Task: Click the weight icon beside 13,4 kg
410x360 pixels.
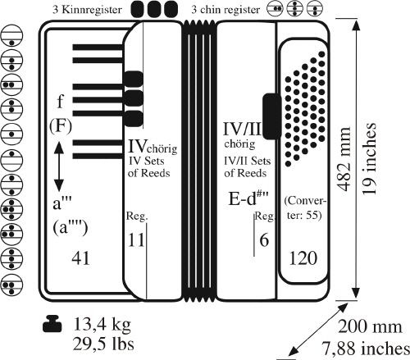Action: click(52, 324)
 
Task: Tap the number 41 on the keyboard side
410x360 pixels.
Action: click(80, 258)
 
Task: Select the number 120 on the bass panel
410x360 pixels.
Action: click(303, 258)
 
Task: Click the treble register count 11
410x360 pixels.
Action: click(136, 240)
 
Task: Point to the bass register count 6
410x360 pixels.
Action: click(264, 240)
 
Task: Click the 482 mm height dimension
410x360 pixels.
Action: click(344, 159)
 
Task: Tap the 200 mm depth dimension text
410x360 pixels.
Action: click(370, 326)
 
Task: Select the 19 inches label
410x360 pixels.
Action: click(369, 158)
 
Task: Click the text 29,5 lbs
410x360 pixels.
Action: click(103, 344)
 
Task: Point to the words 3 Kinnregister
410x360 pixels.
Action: click(87, 10)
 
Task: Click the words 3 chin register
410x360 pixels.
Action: click(225, 10)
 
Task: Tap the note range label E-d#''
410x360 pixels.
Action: click(248, 198)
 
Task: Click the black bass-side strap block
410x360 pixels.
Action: click(272, 116)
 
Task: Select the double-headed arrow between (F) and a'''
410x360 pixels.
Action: click(59, 166)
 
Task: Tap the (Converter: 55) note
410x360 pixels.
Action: click(305, 208)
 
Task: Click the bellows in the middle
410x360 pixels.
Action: click(199, 162)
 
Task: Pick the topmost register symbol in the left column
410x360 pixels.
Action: click(11, 36)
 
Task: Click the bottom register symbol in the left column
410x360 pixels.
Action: click(11, 285)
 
